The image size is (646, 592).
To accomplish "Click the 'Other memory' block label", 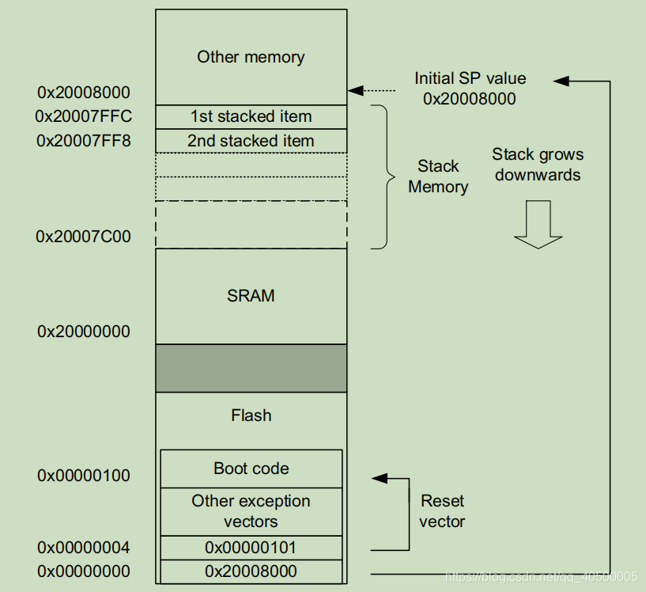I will click(x=251, y=57).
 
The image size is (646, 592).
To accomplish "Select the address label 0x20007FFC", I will click(x=84, y=116).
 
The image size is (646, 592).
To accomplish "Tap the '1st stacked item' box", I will click(x=251, y=116).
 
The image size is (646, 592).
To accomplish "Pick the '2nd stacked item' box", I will click(x=251, y=141).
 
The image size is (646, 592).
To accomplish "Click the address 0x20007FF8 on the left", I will click(x=84, y=141).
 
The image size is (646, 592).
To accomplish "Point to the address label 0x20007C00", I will click(x=84, y=237).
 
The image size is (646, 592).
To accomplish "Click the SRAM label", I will click(x=251, y=296).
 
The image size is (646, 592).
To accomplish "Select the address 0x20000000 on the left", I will click(x=84, y=332).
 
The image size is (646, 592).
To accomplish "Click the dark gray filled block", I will click(x=251, y=368).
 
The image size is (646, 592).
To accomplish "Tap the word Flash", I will click(x=251, y=416).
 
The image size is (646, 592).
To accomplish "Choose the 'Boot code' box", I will click(x=251, y=469).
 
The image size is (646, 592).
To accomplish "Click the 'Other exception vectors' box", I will click(x=251, y=511).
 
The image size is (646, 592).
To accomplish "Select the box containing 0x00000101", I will click(x=251, y=548).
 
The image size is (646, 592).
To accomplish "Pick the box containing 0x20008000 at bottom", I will click(x=251, y=571).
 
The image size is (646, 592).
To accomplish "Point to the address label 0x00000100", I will click(x=84, y=476).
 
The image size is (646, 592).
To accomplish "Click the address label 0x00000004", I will click(x=84, y=548).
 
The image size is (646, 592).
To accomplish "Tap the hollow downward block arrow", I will click(x=538, y=225).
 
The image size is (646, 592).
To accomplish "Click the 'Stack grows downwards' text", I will click(x=538, y=165).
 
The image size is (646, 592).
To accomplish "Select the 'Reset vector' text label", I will click(x=442, y=511).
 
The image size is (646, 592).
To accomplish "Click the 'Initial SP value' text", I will click(x=470, y=78).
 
